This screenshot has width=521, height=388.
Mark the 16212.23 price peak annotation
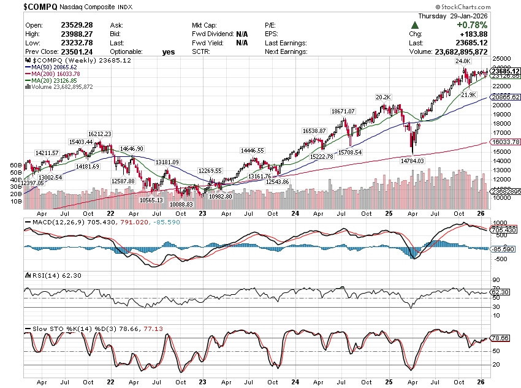click(100, 134)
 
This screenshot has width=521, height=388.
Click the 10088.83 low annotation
click(181, 204)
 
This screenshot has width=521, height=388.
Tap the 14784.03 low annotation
click(413, 161)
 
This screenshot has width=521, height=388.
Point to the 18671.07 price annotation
click(343, 111)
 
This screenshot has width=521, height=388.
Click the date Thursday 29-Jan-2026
click(454, 16)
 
